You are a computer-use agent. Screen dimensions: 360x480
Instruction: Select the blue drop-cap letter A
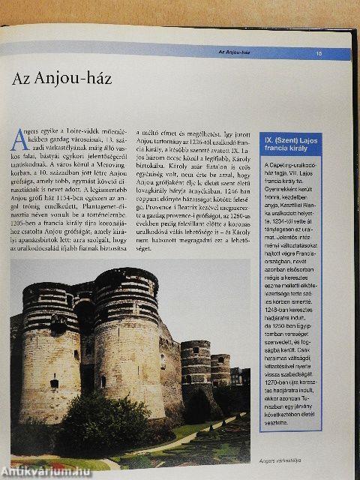[20, 140]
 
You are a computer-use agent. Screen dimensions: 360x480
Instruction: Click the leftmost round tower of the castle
[49, 352]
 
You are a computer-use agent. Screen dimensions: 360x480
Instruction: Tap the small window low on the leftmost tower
[54, 383]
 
